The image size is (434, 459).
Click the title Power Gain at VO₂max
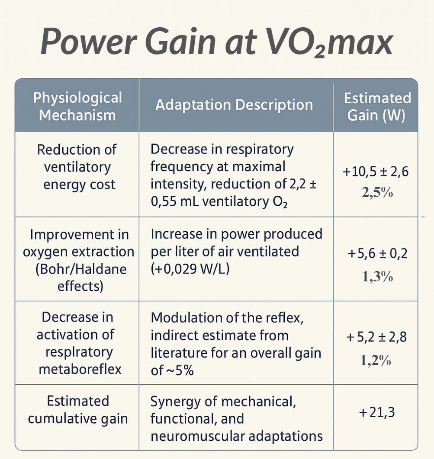pyautogui.click(x=216, y=42)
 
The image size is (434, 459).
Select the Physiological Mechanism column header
pyautogui.click(x=77, y=106)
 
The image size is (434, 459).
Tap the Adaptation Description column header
pyautogui.click(x=234, y=105)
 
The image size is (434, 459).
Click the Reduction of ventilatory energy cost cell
pyautogui.click(x=77, y=167)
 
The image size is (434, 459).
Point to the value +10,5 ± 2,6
pyautogui.click(x=376, y=172)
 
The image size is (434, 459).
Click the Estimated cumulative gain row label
pyautogui.click(x=78, y=410)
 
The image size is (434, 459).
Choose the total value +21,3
pyautogui.click(x=376, y=413)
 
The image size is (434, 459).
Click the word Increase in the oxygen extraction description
pyautogui.click(x=177, y=234)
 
